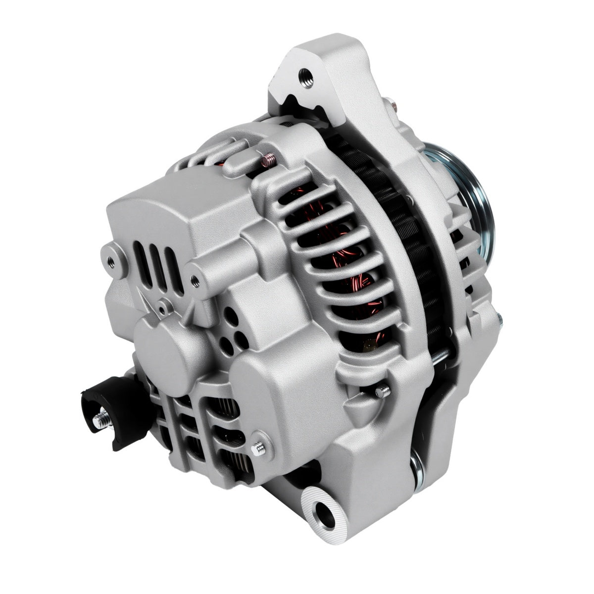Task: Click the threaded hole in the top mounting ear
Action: click(x=306, y=76)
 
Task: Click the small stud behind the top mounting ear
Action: click(x=392, y=104)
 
